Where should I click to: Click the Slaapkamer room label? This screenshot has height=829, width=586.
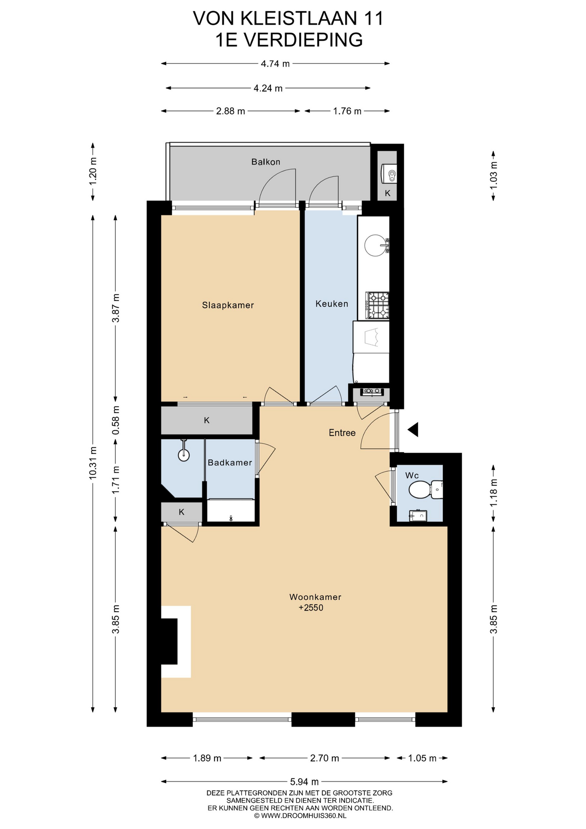tap(228, 305)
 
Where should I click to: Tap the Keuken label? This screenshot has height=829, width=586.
tap(331, 304)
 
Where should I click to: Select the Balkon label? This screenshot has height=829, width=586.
tap(266, 162)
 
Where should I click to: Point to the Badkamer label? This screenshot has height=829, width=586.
tap(230, 462)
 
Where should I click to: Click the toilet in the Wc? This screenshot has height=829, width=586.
tap(425, 490)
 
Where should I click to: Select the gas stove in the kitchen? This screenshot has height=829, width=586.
tap(378, 305)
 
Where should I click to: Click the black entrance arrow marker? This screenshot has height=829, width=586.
tap(413, 430)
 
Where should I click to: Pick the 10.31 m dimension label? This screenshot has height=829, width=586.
tap(93, 463)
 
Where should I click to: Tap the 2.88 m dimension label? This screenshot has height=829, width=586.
tap(230, 111)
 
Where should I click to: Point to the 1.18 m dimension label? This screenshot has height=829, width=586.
tap(494, 493)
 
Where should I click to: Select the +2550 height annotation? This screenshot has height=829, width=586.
tap(311, 608)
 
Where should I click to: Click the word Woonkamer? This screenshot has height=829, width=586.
tap(315, 597)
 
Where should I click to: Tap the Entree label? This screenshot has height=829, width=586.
tap(342, 433)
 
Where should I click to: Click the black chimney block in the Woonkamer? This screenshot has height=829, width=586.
tap(169, 641)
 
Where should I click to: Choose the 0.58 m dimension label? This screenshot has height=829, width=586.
tap(116, 421)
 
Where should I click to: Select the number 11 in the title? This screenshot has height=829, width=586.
tap(374, 19)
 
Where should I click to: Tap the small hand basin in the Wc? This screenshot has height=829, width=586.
tap(418, 515)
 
